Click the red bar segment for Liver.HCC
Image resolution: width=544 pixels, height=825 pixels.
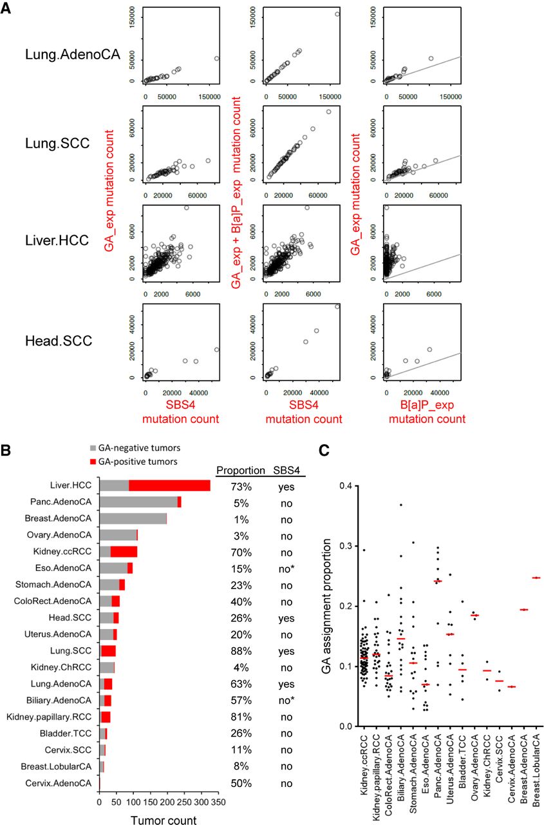pos(169,486)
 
